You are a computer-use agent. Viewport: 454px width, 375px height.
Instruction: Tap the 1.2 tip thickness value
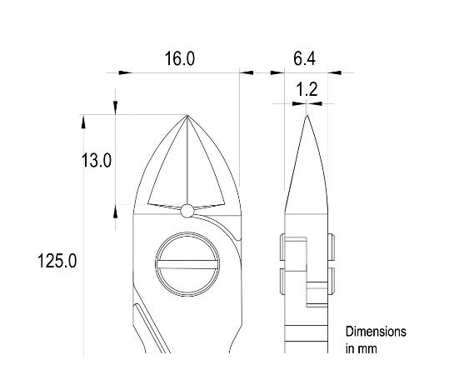point(307,88)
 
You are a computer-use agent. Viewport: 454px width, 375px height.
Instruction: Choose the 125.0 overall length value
point(57,261)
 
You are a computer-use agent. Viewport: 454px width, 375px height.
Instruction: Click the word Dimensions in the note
point(376,332)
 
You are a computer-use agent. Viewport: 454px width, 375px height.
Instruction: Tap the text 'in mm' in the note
point(361,348)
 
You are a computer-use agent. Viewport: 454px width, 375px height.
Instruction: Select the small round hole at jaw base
point(187,210)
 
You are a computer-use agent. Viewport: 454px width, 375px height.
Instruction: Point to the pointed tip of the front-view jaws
point(187,116)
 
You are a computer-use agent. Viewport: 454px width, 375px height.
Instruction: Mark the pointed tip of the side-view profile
point(307,117)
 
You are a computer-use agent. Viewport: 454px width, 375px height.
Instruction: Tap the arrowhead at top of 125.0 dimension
point(82,122)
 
